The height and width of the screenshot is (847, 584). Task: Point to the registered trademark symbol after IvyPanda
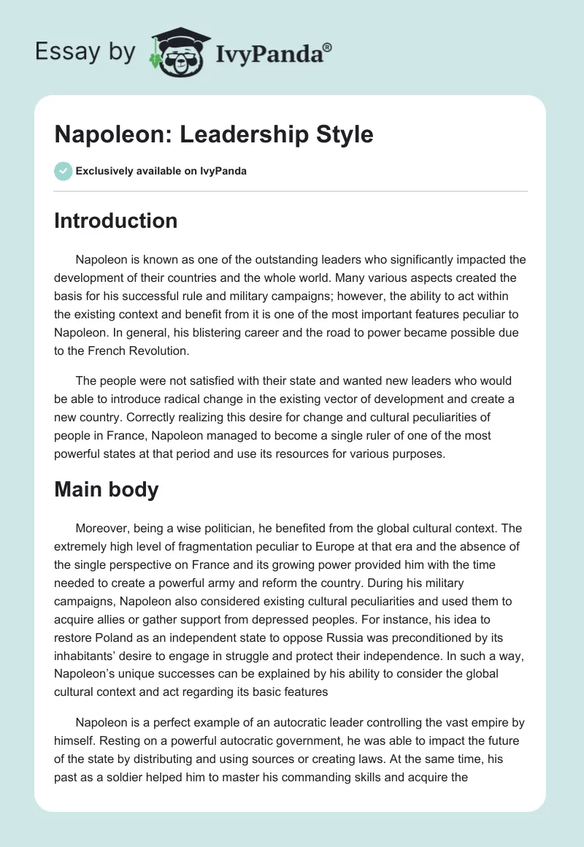328,47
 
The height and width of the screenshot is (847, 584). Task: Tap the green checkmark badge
63,171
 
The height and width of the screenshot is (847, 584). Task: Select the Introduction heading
115,221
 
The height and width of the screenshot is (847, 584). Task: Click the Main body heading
106,489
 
